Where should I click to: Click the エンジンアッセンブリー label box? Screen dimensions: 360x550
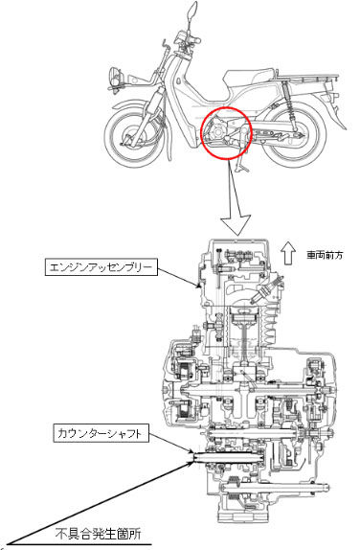pyautogui.click(x=101, y=267)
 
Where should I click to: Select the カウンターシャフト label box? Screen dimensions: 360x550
pyautogui.click(x=101, y=433)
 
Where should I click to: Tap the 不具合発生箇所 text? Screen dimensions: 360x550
pyautogui.click(x=99, y=535)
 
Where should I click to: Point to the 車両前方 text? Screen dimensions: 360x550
pyautogui.click(x=325, y=255)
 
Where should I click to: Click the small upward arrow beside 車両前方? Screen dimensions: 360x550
pyautogui.click(x=287, y=253)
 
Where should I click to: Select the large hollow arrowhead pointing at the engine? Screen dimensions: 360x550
pyautogui.click(x=236, y=224)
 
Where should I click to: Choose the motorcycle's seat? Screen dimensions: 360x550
pyautogui.click(x=250, y=78)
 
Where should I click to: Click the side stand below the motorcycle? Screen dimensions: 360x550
pyautogui.click(x=240, y=164)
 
